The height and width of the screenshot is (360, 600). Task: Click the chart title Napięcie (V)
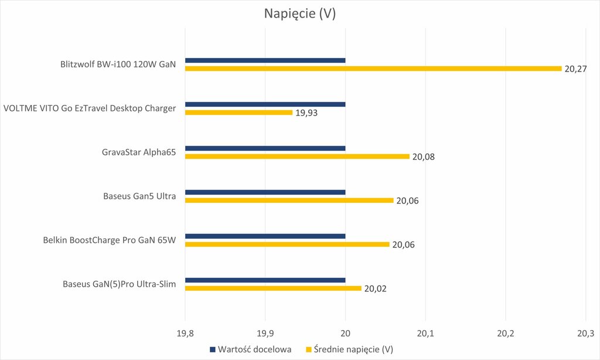[299, 14]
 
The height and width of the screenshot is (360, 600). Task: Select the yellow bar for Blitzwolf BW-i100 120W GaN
[373, 69]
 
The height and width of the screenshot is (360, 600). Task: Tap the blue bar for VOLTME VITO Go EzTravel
[265, 104]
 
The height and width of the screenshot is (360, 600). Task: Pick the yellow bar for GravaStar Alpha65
[296, 157]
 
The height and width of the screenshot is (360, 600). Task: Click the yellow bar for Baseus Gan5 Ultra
[289, 201]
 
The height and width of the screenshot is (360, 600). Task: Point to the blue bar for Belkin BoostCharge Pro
[265, 236]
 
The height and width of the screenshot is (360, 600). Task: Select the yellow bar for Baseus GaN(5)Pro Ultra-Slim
[273, 288]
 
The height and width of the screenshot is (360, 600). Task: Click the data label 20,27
[575, 69]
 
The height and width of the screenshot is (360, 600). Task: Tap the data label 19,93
[306, 113]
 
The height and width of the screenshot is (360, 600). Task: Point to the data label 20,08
[423, 157]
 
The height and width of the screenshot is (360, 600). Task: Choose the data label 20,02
[375, 289]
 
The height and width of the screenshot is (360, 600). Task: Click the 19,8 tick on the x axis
[185, 334]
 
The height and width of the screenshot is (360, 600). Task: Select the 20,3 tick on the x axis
[585, 334]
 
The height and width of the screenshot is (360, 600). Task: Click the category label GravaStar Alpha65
[139, 152]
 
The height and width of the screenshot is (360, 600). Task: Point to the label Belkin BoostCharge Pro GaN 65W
[110, 240]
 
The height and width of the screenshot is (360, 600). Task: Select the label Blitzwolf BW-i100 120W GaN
[118, 64]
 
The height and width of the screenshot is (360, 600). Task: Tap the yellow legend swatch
[309, 349]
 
